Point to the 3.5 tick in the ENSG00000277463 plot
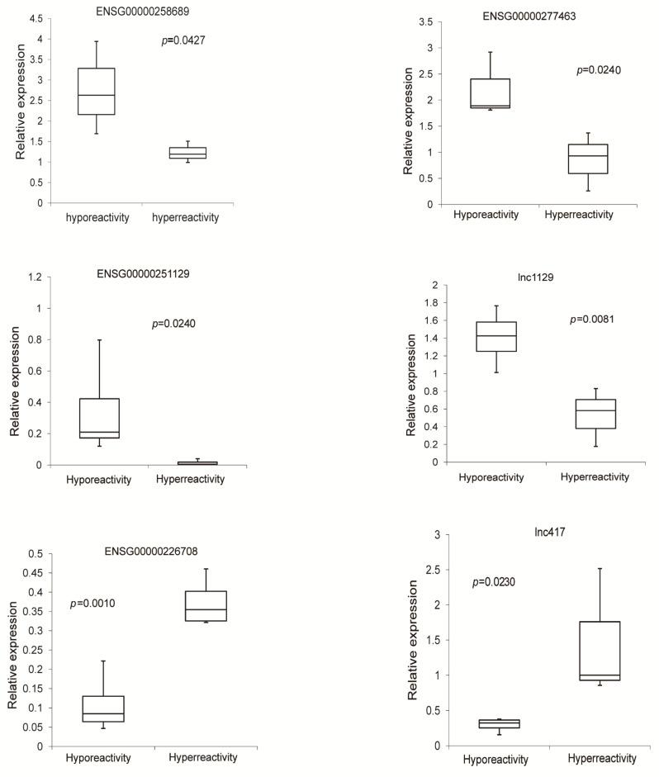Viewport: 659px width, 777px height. pos(431,21)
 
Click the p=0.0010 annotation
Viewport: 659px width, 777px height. pos(92,604)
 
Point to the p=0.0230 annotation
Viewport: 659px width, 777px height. pos(495,582)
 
